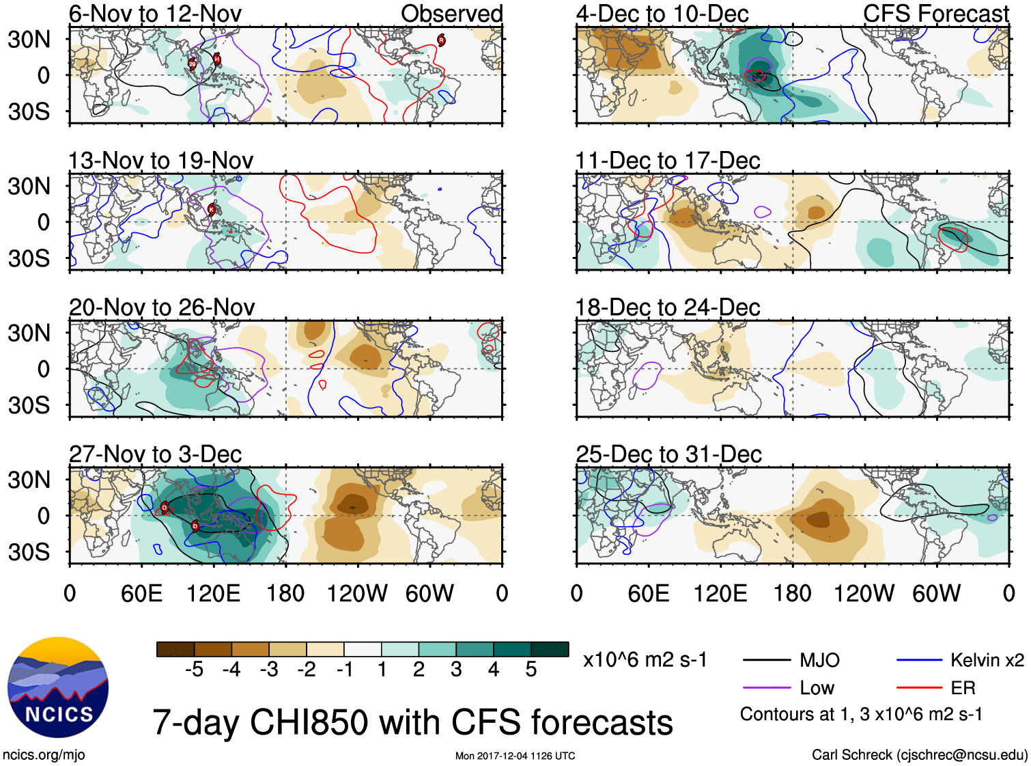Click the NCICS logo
(58, 687)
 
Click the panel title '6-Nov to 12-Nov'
(155, 14)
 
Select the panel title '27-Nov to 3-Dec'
(155, 454)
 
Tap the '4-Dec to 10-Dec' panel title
(662, 14)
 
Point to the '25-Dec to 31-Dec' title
(668, 454)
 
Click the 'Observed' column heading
(451, 14)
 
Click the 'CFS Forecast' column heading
(935, 14)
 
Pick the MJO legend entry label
(819, 660)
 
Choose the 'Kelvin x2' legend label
(987, 660)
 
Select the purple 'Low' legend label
(817, 688)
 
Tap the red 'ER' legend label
(963, 688)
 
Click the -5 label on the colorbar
(194, 670)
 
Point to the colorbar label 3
(456, 670)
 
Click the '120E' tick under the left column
(213, 593)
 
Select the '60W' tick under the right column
(936, 593)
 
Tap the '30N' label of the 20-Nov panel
(29, 333)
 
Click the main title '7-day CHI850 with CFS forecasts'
(412, 722)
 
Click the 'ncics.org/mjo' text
(44, 755)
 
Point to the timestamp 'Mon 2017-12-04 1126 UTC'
(515, 756)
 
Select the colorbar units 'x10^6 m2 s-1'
(645, 660)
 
